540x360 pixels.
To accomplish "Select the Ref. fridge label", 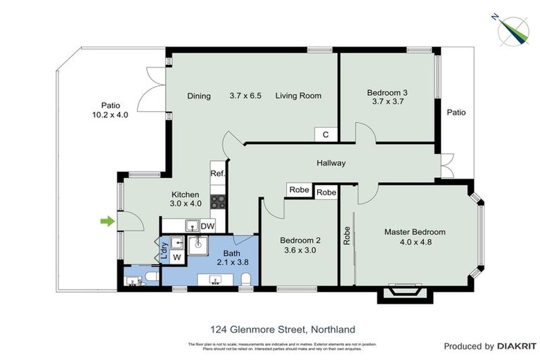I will click(217, 173).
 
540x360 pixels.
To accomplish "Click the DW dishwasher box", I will click(207, 226).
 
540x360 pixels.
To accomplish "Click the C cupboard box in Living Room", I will click(325, 134).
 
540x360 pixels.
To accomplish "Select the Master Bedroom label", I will click(414, 232).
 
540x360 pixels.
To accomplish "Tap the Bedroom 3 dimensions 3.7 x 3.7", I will click(387, 101).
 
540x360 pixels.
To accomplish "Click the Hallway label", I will click(330, 163).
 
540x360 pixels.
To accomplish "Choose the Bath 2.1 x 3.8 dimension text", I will click(232, 262).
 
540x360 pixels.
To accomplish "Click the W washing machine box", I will click(176, 257).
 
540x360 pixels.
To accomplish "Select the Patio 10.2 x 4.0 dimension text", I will click(110, 115).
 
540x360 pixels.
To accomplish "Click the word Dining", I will click(199, 96).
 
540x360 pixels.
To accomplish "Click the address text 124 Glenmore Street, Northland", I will click(283, 328).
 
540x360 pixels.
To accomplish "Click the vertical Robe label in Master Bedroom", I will click(347, 235).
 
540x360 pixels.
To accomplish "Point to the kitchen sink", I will click(190, 225).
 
